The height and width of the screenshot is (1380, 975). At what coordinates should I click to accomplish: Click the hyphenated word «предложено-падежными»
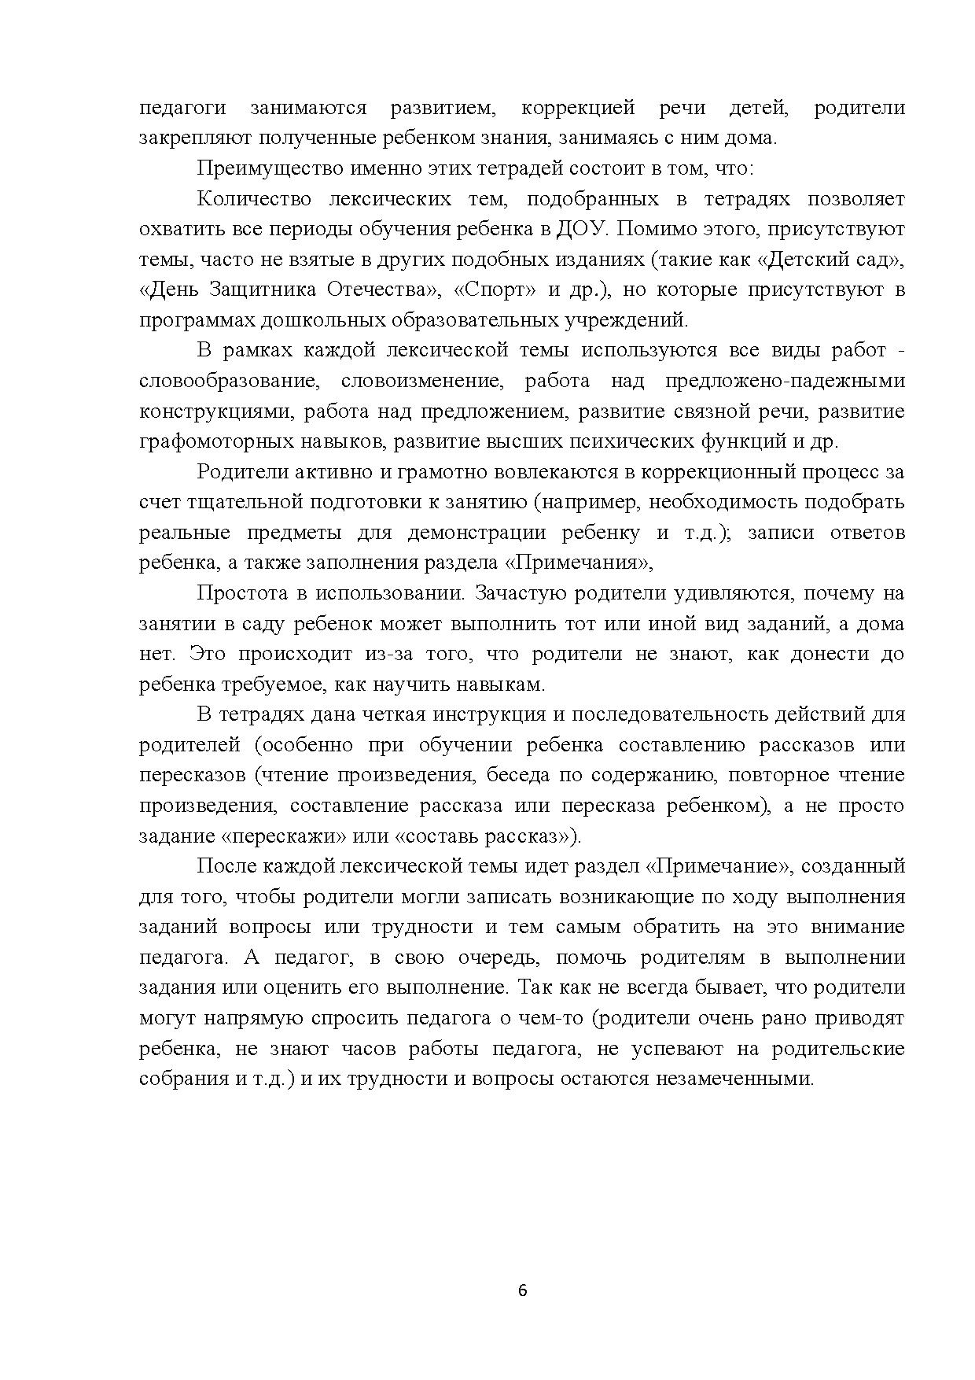784,382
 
